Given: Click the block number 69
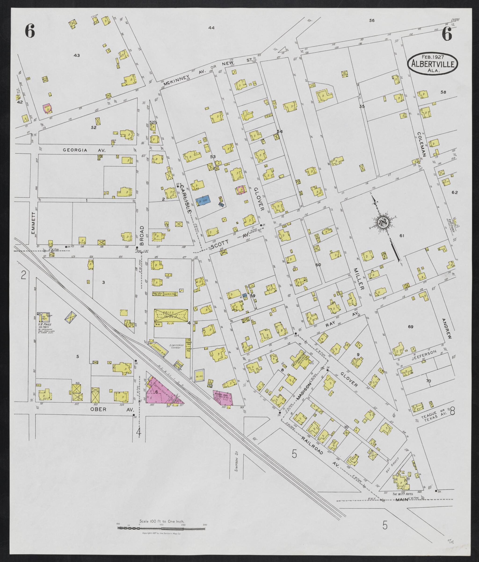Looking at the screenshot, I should click(x=410, y=327).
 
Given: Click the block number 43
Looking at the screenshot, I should click(x=77, y=55).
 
